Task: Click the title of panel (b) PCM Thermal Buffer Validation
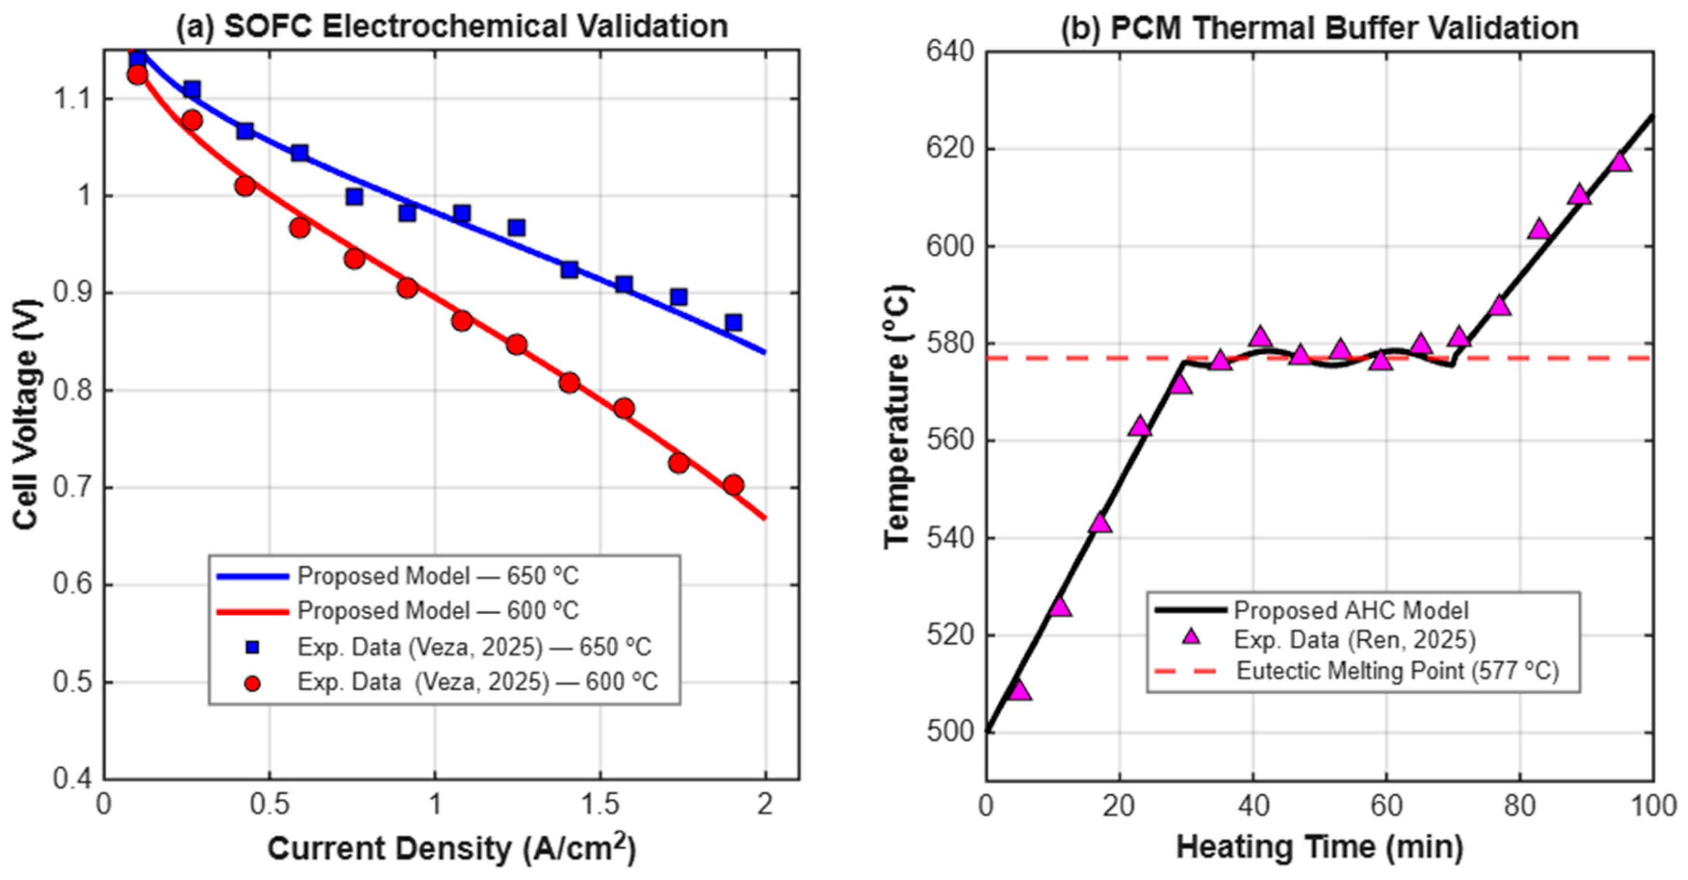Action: tap(1319, 27)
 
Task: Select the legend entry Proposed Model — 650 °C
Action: tap(398, 576)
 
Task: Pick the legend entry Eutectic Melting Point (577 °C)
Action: tap(1356, 671)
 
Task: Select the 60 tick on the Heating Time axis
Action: tap(1387, 805)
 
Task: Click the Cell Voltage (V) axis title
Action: tap(26, 414)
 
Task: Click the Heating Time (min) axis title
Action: tap(1320, 847)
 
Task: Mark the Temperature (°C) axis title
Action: tap(897, 417)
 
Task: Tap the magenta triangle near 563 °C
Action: tap(1140, 426)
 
